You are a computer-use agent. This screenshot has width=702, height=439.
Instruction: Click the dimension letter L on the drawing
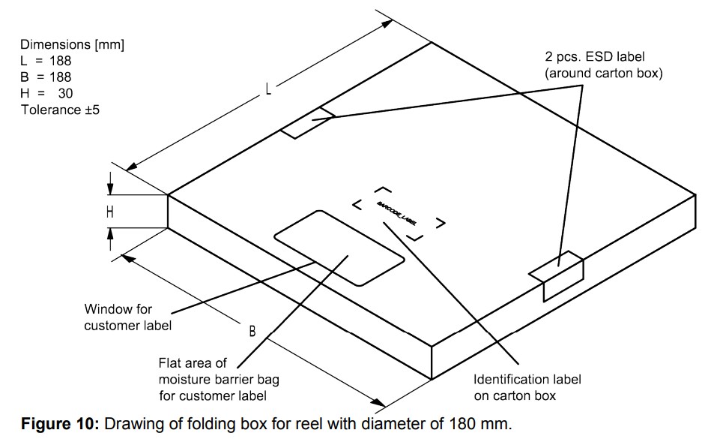[x=267, y=89]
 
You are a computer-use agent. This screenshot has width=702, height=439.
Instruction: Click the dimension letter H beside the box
[x=110, y=212]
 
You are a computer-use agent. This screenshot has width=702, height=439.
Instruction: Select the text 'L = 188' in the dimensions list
[x=46, y=61]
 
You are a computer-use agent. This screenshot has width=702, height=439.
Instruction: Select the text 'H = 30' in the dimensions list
[x=46, y=94]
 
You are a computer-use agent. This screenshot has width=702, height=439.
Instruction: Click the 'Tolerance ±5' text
[x=60, y=110]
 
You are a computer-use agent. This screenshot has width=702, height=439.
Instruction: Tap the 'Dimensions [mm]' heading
[x=72, y=44]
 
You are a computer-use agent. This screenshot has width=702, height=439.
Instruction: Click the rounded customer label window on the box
[x=339, y=248]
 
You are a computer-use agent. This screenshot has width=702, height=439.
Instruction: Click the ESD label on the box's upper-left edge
[x=307, y=123]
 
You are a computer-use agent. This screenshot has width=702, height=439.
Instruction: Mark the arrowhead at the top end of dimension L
[x=387, y=23]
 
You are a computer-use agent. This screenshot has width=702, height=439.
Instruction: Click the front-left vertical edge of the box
[x=167, y=211]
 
